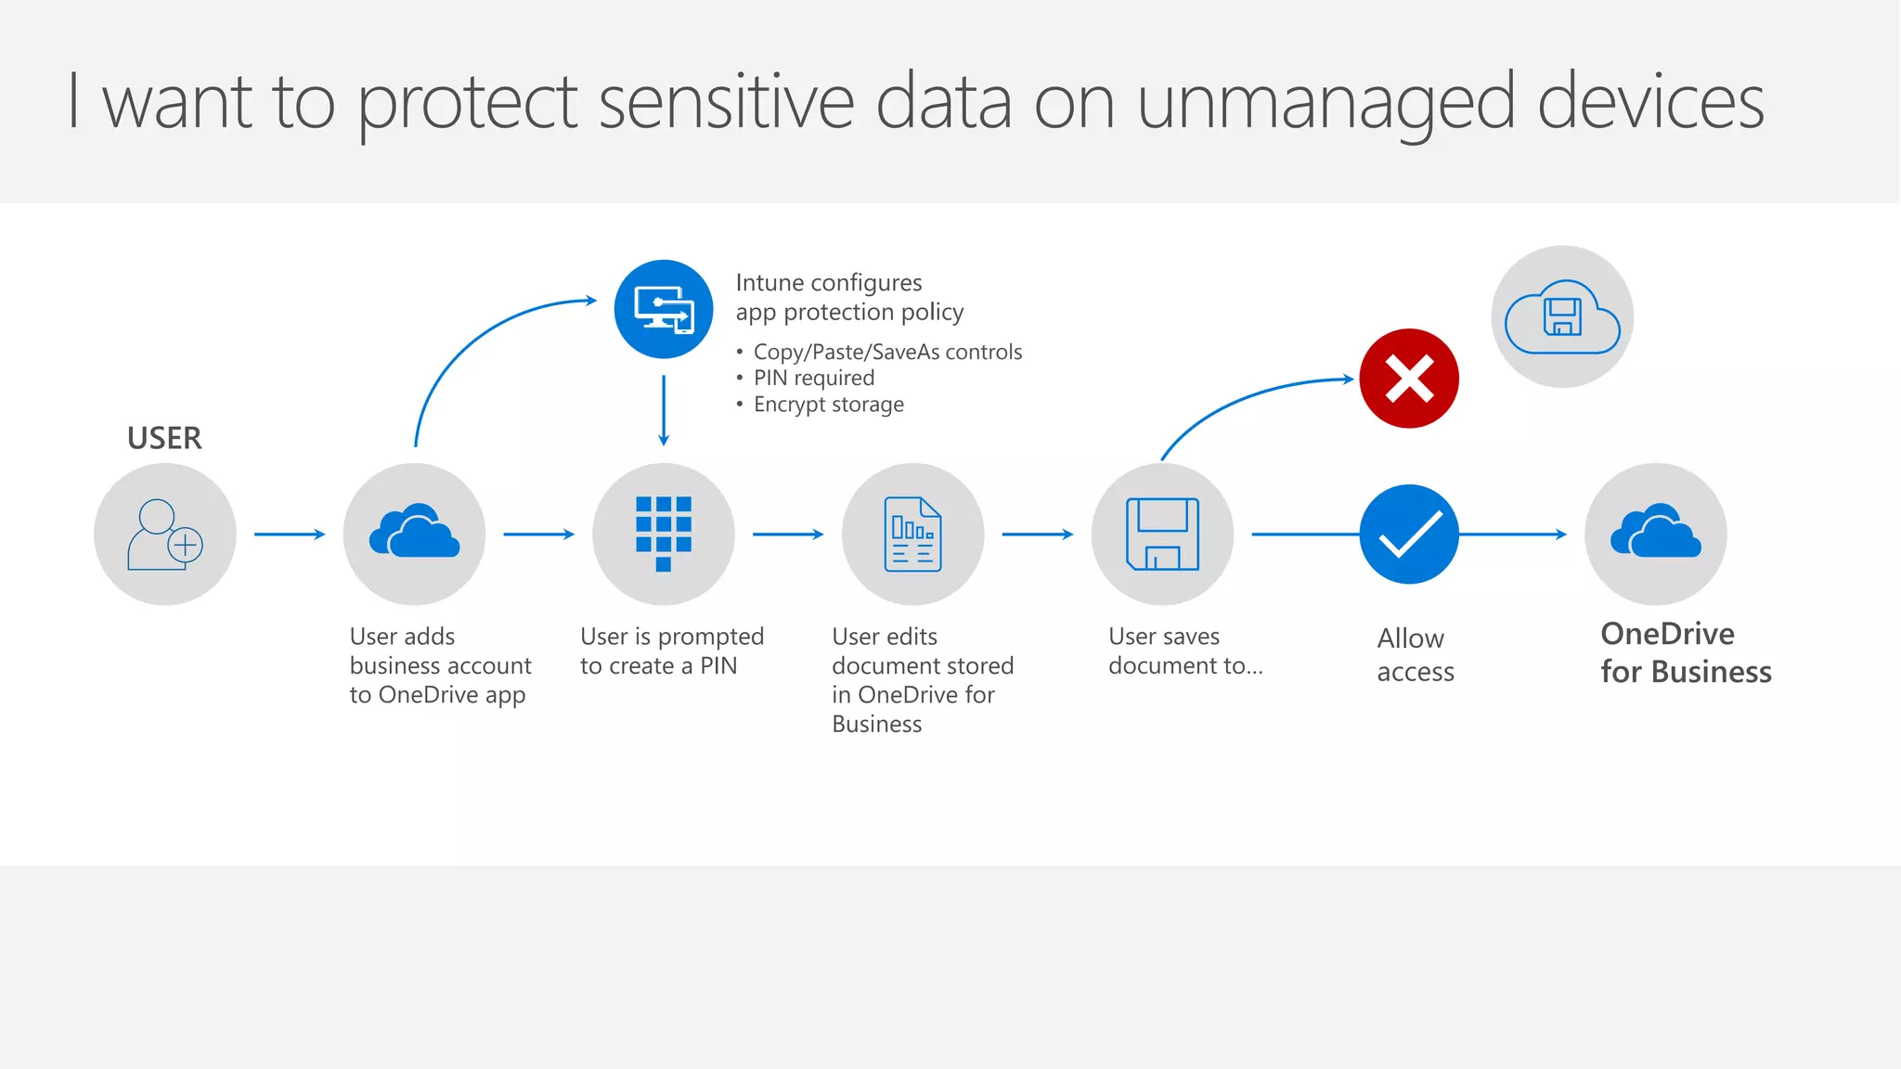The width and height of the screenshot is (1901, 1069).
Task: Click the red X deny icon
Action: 1409,379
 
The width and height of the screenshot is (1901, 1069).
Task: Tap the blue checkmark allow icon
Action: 1409,534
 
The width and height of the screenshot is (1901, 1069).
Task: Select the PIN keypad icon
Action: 664,534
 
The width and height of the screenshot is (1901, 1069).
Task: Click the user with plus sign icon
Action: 165,534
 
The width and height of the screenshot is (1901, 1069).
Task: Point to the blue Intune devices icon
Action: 664,309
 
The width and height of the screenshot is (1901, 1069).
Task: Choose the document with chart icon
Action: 913,534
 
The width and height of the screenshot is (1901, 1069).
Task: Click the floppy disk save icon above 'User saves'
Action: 1162,534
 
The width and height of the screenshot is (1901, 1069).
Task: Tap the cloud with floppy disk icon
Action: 1562,316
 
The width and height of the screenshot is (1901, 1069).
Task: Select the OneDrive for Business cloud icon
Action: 1656,534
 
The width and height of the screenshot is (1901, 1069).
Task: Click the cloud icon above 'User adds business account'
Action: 414,534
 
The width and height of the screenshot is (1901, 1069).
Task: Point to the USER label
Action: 164,438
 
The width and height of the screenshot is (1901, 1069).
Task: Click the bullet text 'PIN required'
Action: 814,379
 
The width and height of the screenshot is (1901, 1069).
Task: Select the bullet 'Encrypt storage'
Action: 828,405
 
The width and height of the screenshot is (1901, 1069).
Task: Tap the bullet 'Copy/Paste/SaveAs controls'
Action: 887,353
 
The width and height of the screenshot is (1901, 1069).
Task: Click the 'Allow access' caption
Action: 1415,655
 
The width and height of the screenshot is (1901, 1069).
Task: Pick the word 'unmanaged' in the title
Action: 1326,103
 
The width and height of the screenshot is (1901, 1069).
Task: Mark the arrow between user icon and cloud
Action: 290,534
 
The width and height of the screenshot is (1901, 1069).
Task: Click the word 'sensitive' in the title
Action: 726,103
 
